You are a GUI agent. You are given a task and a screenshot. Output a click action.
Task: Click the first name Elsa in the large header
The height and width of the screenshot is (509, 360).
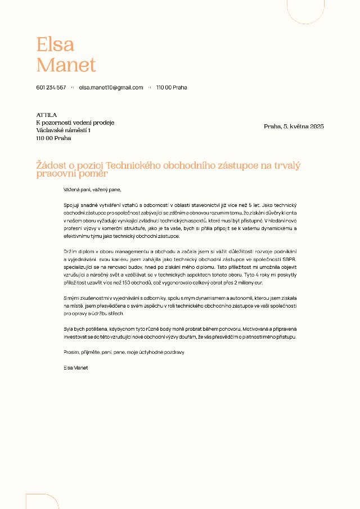tap(55, 44)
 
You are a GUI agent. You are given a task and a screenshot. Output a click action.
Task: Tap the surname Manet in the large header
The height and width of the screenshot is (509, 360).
tap(66, 65)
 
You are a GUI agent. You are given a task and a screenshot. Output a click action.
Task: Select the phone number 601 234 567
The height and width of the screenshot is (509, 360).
tap(51, 88)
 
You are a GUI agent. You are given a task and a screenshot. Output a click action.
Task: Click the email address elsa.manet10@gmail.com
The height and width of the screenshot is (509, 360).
tap(111, 88)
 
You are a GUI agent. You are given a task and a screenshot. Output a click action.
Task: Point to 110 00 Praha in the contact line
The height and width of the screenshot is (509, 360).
tap(172, 88)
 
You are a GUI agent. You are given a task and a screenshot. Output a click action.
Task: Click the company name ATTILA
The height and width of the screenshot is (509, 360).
tap(47, 115)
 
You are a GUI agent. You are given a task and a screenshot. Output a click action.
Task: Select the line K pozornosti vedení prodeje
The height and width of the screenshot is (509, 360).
tap(75, 123)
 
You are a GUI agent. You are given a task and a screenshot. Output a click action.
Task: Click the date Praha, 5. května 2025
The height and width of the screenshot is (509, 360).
tap(294, 127)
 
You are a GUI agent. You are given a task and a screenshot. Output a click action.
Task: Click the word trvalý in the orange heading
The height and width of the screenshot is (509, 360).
tap(287, 165)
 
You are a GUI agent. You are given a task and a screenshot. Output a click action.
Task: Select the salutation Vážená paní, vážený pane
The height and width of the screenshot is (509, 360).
tap(92, 190)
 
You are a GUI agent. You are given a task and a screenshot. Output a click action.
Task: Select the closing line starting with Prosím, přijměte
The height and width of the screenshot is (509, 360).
tap(124, 352)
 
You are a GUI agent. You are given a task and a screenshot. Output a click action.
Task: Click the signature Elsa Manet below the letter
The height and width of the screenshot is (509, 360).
tap(76, 367)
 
